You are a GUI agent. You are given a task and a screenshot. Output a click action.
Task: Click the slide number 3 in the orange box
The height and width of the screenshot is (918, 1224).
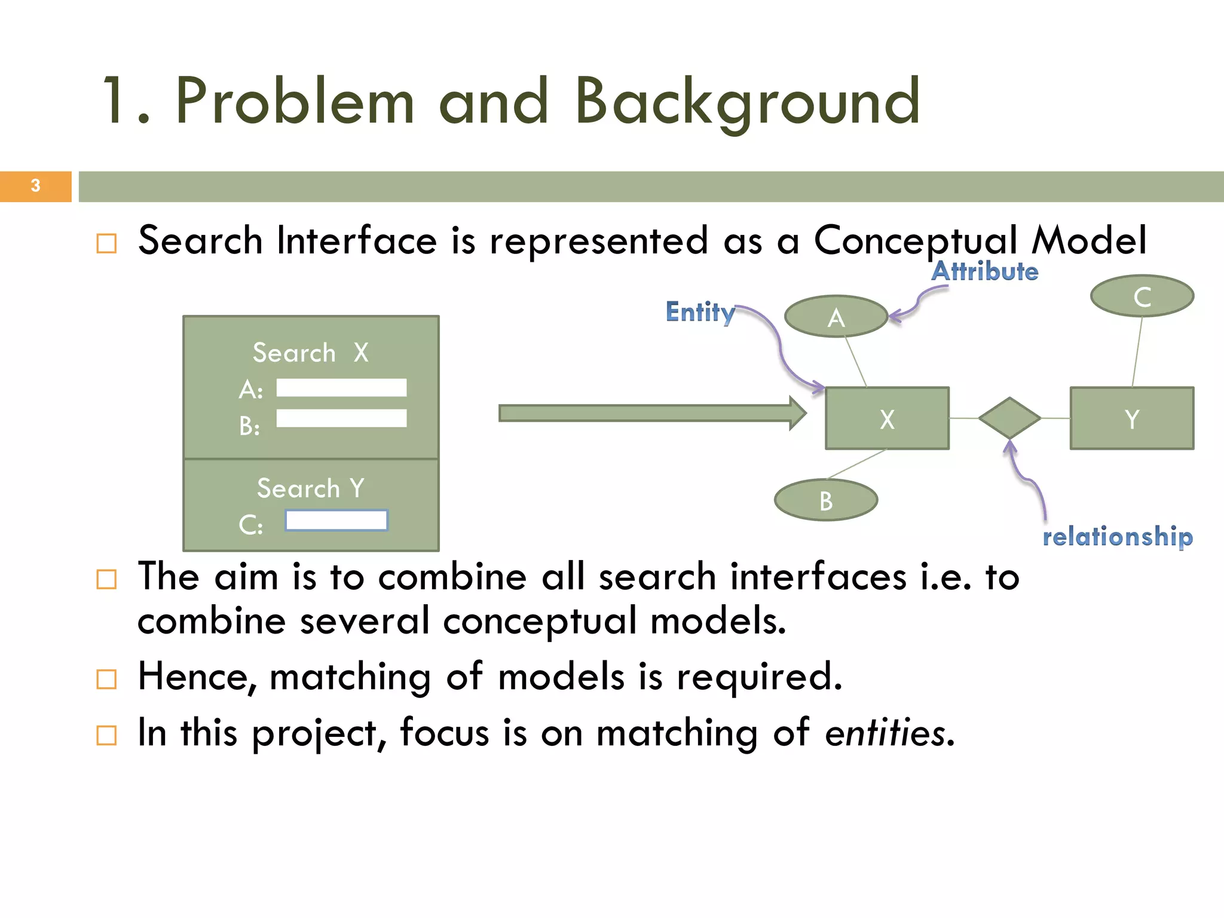coord(35,186)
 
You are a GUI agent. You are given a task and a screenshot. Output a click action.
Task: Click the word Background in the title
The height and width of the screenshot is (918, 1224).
coord(747,102)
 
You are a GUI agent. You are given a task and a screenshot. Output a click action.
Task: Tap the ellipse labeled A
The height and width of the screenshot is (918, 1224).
coord(836,317)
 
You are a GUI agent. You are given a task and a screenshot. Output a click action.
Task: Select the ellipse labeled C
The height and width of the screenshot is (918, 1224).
coord(1142,296)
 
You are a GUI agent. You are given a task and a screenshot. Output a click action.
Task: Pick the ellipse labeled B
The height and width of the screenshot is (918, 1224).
coord(825,500)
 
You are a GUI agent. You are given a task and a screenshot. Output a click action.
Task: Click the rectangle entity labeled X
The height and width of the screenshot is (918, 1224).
coord(887,418)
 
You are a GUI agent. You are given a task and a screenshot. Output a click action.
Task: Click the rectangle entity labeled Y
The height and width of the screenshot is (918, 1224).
coord(1131,418)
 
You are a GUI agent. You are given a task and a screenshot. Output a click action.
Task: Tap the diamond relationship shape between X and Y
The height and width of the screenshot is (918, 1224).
coord(1009,418)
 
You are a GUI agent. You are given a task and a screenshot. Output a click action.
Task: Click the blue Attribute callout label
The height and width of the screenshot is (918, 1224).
coord(985,272)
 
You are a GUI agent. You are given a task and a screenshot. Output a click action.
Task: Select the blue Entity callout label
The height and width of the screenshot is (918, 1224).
coord(700,312)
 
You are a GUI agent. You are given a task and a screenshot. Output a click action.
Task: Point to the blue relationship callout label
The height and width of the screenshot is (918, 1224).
coord(1117,536)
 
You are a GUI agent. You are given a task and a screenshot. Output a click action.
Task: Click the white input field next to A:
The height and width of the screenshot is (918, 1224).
coord(341,388)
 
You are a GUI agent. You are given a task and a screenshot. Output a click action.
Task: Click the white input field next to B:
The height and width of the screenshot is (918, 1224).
coord(341,418)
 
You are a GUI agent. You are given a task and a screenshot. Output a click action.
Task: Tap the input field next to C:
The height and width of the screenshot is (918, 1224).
coord(336,521)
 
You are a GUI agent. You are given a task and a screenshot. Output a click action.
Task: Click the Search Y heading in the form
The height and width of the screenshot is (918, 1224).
coord(310,488)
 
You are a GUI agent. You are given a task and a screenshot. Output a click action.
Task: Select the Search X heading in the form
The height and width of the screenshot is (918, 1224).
coord(310,353)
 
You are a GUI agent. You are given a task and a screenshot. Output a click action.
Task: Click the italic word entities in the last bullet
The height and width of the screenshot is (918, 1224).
coord(885,733)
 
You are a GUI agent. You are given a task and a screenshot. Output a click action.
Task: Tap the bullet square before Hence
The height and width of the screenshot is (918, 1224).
coord(106,680)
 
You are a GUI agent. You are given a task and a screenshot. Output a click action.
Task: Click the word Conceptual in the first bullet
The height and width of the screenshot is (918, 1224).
coord(915,241)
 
